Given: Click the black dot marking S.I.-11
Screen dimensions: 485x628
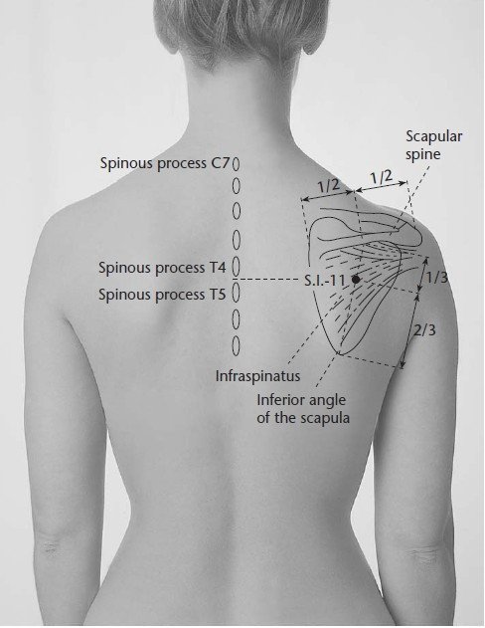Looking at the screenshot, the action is tap(356, 280).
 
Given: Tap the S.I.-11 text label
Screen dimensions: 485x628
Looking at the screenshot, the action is tap(324, 280).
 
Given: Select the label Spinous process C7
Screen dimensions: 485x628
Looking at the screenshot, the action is tap(165, 163).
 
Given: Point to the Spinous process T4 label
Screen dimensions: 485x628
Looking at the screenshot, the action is tap(162, 267).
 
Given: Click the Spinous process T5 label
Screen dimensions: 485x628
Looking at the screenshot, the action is tap(162, 295).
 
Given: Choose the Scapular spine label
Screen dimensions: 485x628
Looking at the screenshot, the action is tap(434, 144).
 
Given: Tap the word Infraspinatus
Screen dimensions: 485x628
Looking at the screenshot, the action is tap(257, 375).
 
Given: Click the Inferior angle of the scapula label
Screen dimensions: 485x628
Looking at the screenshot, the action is tap(303, 408).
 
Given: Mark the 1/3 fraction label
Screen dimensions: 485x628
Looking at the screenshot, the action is tap(436, 277).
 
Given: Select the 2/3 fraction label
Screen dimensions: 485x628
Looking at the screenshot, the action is tap(424, 330).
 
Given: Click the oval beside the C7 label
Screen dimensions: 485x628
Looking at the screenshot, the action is tap(237, 163).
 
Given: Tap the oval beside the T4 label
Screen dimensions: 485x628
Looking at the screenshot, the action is tap(236, 266).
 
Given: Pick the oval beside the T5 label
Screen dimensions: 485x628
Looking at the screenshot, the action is tap(236, 294).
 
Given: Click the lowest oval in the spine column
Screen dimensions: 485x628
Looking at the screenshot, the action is tap(237, 345).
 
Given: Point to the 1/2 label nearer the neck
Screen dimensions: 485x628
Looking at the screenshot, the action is tap(329, 186).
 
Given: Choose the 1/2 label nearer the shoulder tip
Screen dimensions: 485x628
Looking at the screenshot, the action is tap(381, 176).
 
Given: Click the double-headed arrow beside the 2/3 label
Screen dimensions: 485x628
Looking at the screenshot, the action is tap(410, 330).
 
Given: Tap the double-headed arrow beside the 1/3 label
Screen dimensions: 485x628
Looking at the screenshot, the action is tap(422, 275).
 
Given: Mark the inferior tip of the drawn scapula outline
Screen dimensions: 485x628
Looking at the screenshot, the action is tap(339, 354).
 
